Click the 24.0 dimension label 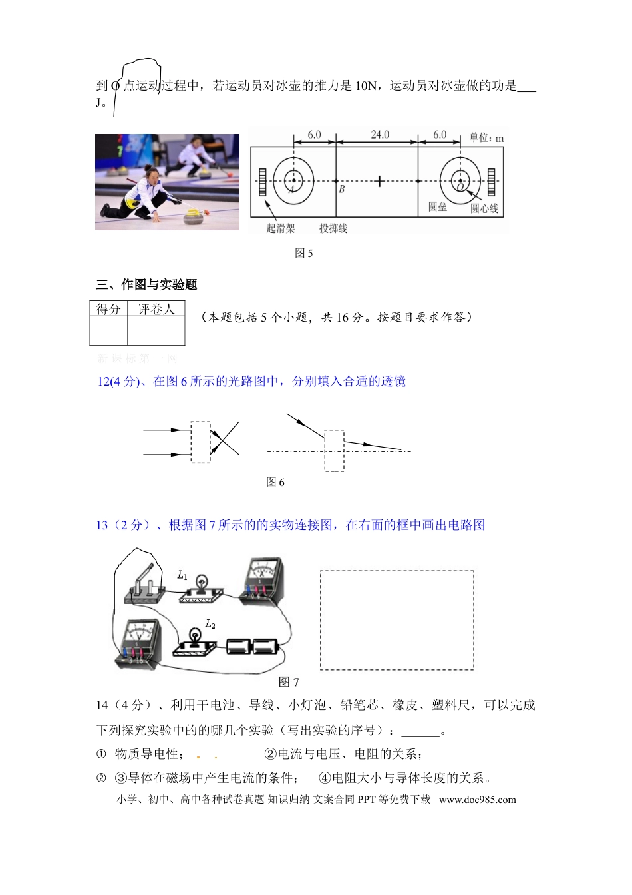click(x=380, y=135)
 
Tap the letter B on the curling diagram click(x=342, y=189)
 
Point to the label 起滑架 click(x=280, y=228)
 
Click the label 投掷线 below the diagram click(x=333, y=228)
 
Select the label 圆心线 click(x=484, y=208)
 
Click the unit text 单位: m click(x=486, y=138)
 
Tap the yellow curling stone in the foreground click(x=194, y=216)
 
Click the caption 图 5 click(x=303, y=253)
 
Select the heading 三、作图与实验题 click(x=146, y=285)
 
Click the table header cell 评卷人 click(x=156, y=309)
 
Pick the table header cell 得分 click(x=108, y=309)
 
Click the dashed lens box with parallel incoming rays click(x=200, y=442)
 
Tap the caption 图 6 click(x=275, y=482)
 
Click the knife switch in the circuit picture click(x=145, y=586)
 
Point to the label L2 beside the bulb click(x=210, y=624)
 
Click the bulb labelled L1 click(x=200, y=586)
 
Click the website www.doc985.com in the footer click(x=477, y=800)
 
